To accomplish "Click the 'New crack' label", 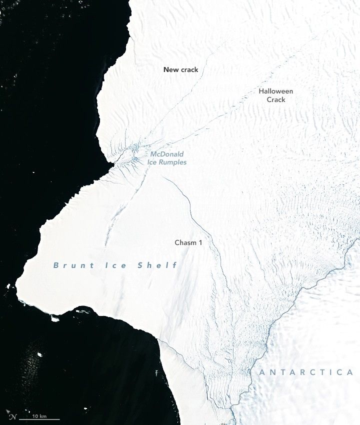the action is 180,70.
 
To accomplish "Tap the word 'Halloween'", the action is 276,91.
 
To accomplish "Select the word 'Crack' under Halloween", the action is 276,100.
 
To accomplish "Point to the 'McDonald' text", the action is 167,154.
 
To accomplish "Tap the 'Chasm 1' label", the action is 188,242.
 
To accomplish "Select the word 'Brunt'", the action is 70,265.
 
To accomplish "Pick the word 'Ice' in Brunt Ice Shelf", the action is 116,265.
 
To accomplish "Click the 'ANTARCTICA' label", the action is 306,372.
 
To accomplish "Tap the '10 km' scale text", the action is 39,416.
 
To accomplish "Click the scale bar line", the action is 39,420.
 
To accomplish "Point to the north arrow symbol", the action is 13,416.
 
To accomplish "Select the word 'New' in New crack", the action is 170,70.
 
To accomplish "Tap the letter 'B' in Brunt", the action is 56,265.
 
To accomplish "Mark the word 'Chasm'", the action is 185,242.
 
